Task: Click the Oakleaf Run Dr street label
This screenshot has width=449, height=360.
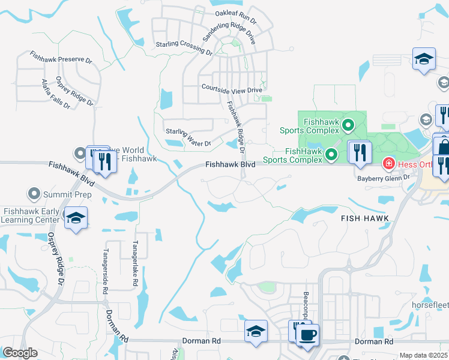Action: (236, 16)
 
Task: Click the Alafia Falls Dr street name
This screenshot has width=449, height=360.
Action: (55, 94)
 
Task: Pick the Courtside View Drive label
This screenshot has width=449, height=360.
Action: (232, 89)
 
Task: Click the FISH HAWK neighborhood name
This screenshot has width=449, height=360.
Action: (365, 218)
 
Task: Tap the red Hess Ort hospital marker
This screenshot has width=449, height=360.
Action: (389, 163)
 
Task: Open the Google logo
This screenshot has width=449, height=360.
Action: (20, 353)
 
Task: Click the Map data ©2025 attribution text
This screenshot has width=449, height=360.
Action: (423, 355)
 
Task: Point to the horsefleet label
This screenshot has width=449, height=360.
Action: (429, 304)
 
